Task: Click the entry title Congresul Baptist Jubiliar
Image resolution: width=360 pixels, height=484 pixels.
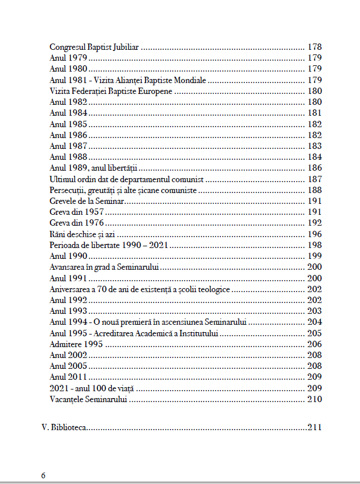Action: click(95, 47)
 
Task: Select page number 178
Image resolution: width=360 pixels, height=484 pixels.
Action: click(315, 47)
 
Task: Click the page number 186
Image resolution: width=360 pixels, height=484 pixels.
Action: click(315, 168)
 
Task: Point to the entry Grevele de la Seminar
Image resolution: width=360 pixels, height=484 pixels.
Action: click(87, 201)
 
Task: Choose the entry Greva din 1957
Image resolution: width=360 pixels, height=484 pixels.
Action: click(77, 212)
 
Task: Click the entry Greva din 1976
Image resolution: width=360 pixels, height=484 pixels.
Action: click(77, 223)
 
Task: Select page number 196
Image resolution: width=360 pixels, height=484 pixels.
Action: click(315, 234)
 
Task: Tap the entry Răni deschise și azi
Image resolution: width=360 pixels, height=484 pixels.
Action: click(84, 234)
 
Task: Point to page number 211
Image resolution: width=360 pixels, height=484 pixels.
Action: click(315, 427)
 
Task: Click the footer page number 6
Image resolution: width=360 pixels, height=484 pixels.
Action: click(43, 476)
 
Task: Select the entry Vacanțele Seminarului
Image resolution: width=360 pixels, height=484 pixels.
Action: click(88, 399)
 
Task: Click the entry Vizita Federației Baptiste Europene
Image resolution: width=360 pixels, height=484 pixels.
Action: click(111, 91)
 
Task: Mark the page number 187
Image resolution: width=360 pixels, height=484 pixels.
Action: click(315, 179)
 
